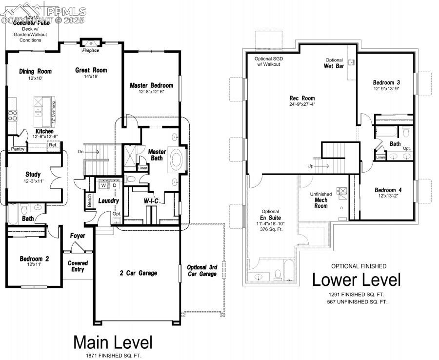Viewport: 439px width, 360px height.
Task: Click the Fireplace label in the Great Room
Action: (90, 50)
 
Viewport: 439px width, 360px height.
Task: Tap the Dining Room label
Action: (35, 71)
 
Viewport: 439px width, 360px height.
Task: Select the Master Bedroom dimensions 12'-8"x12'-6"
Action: (151, 92)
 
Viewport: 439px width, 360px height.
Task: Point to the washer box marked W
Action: (103, 185)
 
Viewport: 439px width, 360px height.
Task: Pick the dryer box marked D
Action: (115, 185)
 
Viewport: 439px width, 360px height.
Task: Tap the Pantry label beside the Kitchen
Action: (18, 149)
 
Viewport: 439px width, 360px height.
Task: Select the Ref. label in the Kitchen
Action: (53, 145)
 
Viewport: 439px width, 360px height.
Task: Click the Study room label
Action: (33, 174)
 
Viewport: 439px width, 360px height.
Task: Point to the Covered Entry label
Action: (78, 266)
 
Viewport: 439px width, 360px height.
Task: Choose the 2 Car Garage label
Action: (139, 273)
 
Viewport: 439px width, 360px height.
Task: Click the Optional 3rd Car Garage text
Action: (202, 271)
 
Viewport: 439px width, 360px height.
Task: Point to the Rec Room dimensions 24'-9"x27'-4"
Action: (302, 104)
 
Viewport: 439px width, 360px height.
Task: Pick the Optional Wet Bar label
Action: (334, 63)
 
